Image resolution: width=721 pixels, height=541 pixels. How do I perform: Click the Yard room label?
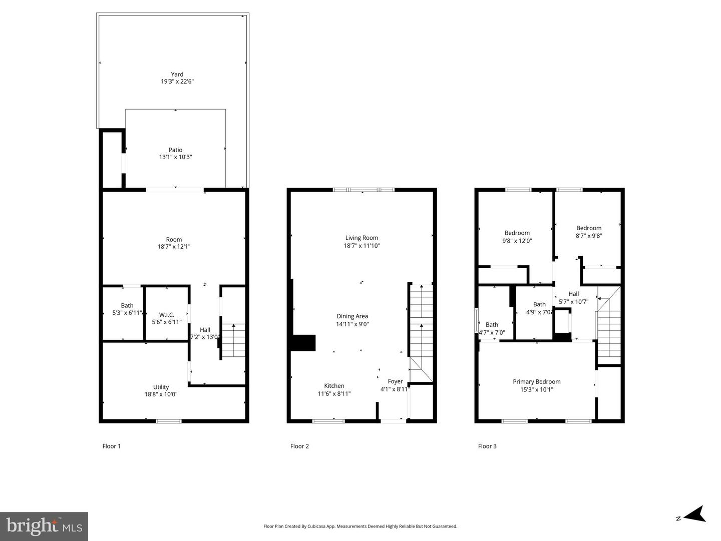pyautogui.click(x=177, y=75)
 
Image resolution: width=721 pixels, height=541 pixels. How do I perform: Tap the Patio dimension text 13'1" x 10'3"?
pyautogui.click(x=175, y=157)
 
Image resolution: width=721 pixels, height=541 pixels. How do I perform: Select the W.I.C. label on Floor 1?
pyautogui.click(x=167, y=315)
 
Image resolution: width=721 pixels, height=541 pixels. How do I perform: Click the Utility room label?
pyautogui.click(x=161, y=387)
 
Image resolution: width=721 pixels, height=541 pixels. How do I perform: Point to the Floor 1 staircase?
pyautogui.click(x=233, y=341)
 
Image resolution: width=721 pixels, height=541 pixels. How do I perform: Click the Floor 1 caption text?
pyautogui.click(x=112, y=446)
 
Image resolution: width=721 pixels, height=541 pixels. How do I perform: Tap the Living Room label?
pyautogui.click(x=362, y=238)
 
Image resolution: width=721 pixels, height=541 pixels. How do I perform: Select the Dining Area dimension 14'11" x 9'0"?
pyautogui.click(x=352, y=324)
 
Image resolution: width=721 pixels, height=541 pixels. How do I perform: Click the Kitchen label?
pyautogui.click(x=334, y=386)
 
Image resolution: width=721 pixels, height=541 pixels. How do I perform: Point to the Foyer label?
pyautogui.click(x=395, y=381)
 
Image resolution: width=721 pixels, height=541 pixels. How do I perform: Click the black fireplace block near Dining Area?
pyautogui.click(x=303, y=343)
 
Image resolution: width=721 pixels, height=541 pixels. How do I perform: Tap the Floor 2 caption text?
pyautogui.click(x=299, y=446)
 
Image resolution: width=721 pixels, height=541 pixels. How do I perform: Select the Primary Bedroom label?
pyautogui.click(x=536, y=382)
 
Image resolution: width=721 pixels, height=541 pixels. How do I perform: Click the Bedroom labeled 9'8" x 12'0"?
pyautogui.click(x=517, y=237)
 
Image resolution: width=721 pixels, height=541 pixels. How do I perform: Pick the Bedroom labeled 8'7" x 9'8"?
pyautogui.click(x=588, y=232)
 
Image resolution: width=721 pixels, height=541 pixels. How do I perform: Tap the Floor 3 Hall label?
pyautogui.click(x=574, y=294)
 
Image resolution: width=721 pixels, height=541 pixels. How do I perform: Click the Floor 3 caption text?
pyautogui.click(x=487, y=446)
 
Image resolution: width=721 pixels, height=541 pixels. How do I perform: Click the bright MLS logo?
pyautogui.click(x=44, y=526)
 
